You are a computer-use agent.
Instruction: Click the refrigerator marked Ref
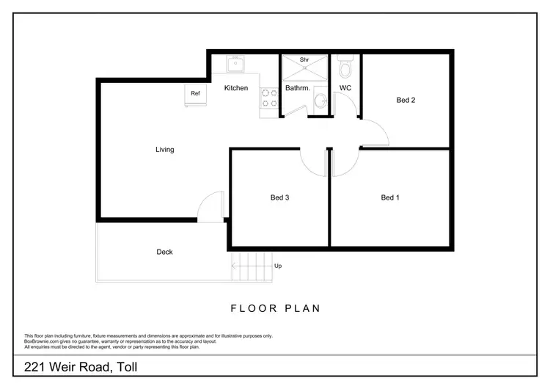click(195, 95)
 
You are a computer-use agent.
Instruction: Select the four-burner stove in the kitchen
click(269, 98)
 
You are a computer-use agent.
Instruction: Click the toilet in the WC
click(346, 68)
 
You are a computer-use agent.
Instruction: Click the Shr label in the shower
click(304, 59)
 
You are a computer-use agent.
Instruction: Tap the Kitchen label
click(235, 88)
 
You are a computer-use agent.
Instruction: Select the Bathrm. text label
click(298, 88)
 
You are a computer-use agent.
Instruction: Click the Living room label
click(165, 150)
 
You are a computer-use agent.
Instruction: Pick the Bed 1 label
click(390, 197)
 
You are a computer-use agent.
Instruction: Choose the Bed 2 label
click(406, 100)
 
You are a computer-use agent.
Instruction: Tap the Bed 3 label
click(280, 197)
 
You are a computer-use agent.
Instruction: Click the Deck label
click(165, 252)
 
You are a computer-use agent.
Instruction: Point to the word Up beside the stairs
click(278, 266)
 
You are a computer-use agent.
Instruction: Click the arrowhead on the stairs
click(234, 266)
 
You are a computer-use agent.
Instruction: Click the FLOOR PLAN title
click(275, 308)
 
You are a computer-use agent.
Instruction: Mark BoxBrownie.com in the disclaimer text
click(42, 341)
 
